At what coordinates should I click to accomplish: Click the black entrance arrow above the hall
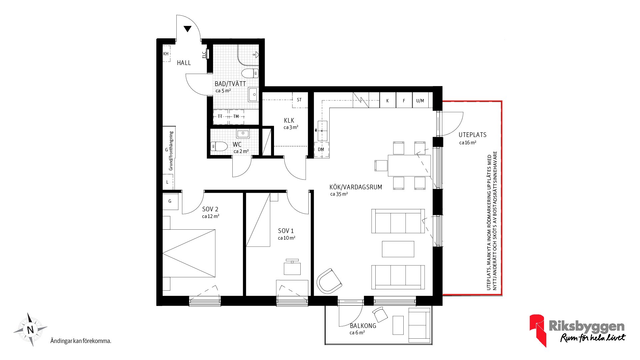click(187, 29)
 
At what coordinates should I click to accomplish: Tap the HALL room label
click(184, 63)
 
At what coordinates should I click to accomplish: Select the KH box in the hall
click(166, 54)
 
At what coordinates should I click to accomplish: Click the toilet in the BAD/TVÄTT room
click(250, 73)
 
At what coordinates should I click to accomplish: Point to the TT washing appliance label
click(220, 116)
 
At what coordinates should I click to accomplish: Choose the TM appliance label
click(236, 116)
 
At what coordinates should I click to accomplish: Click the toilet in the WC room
click(219, 146)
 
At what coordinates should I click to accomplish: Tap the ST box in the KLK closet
click(299, 100)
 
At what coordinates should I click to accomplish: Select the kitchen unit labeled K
click(387, 100)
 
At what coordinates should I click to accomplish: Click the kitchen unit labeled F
click(404, 100)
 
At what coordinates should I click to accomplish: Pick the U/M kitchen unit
click(420, 100)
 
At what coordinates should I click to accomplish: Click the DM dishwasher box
click(321, 149)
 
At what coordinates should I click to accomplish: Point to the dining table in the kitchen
click(409, 165)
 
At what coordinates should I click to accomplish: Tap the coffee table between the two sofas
click(398, 249)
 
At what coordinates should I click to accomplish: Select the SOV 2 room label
click(210, 209)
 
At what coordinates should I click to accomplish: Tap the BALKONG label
click(363, 326)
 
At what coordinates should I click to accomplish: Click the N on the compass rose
click(30, 330)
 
